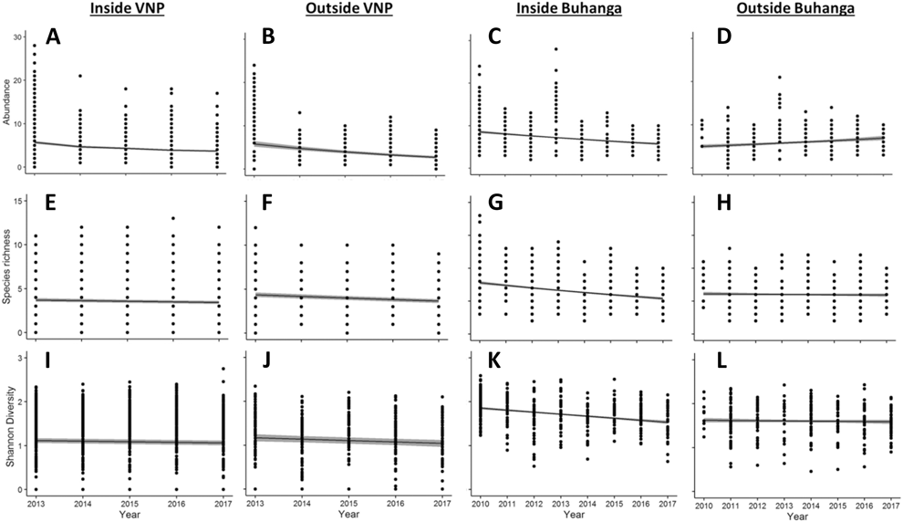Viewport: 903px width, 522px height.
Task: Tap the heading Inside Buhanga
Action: point(571,10)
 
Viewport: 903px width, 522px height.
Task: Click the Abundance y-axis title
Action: point(7,103)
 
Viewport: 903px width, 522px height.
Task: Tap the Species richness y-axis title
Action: point(7,266)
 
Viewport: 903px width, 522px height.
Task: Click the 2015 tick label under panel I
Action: point(127,502)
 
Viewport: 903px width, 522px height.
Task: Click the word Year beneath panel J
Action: point(348,514)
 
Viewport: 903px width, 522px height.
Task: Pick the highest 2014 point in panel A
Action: point(80,77)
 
